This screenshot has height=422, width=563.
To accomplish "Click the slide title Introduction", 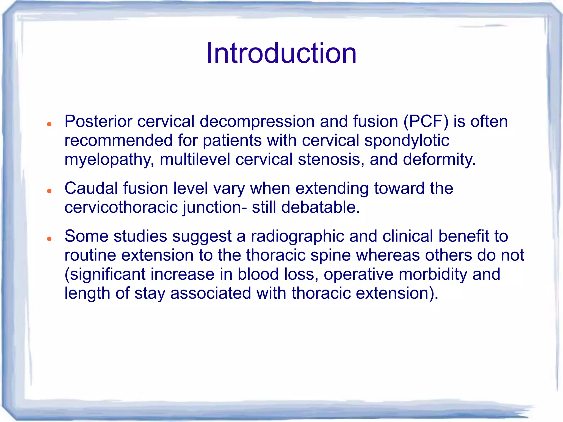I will point(281,53).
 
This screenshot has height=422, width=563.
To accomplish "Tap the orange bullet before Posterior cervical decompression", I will point(49,124).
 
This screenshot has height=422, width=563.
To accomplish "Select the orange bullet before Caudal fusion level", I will point(49,191).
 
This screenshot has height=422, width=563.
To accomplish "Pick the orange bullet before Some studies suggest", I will point(49,239).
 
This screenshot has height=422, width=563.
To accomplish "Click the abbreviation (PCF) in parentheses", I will point(426,121).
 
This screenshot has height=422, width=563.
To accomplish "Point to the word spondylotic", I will point(407,141).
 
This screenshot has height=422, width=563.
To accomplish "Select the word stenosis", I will point(329,160).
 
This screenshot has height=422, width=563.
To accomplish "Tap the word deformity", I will point(439,160).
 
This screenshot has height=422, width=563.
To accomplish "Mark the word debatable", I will point(320,207).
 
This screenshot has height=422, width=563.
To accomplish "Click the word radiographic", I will point(297,236).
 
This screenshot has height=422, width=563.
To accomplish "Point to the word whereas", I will point(388,255).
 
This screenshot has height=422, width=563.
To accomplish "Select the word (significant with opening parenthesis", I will point(105,274).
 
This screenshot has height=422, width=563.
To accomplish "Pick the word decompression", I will point(257,121).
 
